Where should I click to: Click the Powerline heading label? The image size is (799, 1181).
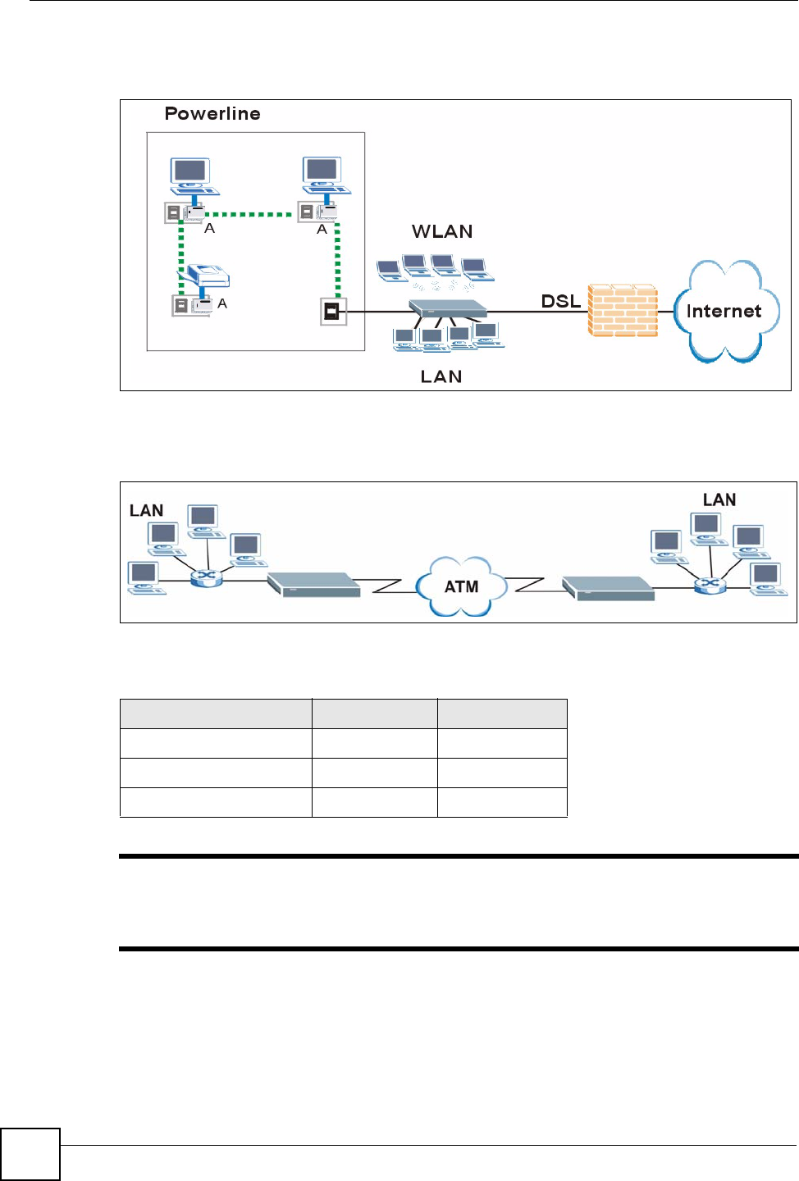[212, 113]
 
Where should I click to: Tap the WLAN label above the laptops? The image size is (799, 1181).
[442, 231]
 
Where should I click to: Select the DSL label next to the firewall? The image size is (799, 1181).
[560, 301]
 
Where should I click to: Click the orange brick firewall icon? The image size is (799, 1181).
[623, 310]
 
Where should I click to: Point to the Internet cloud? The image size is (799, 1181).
[727, 311]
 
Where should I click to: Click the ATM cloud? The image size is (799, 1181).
[462, 586]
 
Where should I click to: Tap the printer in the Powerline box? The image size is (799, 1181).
[203, 274]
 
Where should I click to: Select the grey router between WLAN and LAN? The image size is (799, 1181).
[448, 308]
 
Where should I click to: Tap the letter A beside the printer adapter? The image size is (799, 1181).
[222, 303]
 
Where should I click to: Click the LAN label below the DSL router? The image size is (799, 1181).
[441, 376]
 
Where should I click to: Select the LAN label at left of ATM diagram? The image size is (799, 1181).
[146, 510]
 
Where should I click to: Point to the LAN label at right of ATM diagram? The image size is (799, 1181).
[719, 499]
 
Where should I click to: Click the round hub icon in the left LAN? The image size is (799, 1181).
[206, 578]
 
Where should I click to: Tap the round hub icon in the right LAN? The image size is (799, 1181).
[710, 585]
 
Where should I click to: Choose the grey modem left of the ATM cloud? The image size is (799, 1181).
[314, 584]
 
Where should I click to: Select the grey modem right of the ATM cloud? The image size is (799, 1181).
[608, 588]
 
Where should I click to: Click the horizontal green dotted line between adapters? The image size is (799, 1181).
[248, 215]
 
